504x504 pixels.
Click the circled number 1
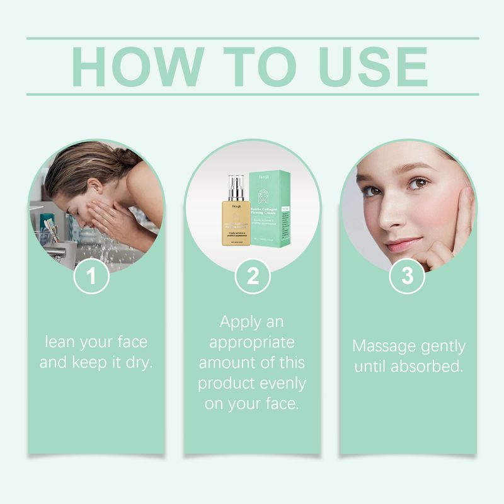pyautogui.click(x=92, y=276)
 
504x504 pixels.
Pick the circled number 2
pyautogui.click(x=252, y=276)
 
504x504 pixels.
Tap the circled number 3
pyautogui.click(x=408, y=276)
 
